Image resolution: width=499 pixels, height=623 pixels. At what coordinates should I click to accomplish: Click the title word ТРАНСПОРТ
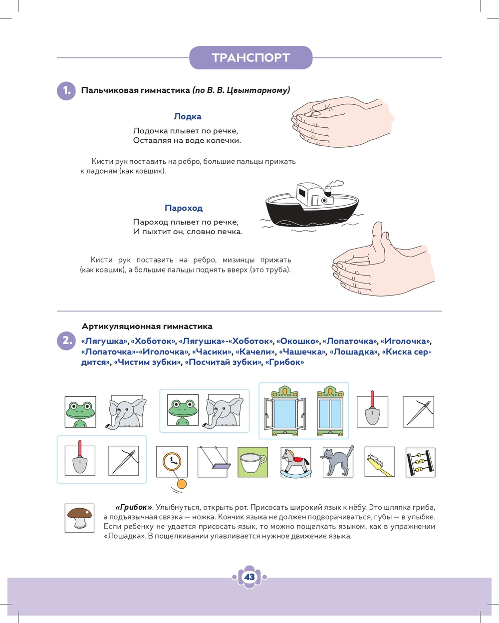click(250, 57)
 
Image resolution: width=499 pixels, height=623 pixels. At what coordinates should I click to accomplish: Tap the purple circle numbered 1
click(66, 91)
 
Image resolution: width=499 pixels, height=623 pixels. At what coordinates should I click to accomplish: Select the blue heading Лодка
click(188, 116)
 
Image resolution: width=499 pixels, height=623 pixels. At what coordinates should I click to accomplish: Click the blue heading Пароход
click(184, 208)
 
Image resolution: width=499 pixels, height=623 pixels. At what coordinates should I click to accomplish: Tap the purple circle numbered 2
click(66, 341)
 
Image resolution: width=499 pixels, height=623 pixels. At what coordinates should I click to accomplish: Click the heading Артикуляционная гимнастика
click(147, 326)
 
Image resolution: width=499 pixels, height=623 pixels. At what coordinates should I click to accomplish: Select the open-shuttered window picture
click(285, 411)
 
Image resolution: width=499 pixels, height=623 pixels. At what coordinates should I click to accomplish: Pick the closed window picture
click(330, 411)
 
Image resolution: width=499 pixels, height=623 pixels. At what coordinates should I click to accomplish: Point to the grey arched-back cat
click(338, 461)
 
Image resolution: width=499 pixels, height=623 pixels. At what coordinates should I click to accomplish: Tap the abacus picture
click(420, 462)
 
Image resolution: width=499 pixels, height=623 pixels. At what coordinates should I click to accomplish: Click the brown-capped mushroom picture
click(80, 518)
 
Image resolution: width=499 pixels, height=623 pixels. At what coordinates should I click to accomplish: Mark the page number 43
click(249, 577)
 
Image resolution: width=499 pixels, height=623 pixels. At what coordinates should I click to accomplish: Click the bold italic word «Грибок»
click(134, 507)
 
